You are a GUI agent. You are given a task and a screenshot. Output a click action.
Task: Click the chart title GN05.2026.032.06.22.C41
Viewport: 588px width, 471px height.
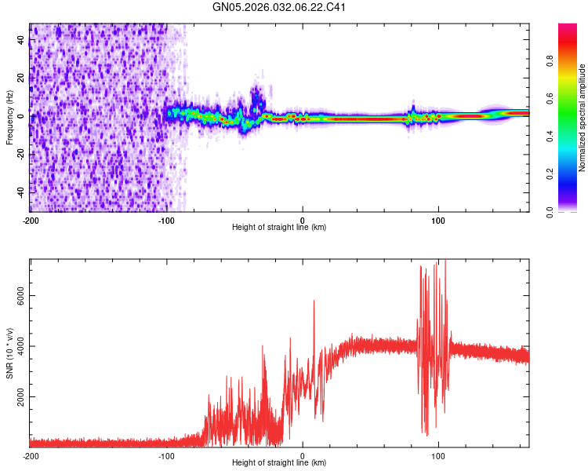pyautogui.click(x=280, y=8)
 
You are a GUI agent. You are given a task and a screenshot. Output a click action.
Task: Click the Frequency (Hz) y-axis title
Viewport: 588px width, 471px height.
pyautogui.click(x=9, y=118)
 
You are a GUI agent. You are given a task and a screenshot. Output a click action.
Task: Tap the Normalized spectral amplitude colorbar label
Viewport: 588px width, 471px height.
pyautogui.click(x=582, y=118)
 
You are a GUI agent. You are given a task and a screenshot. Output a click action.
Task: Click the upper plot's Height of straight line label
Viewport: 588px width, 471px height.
pyautogui.click(x=279, y=227)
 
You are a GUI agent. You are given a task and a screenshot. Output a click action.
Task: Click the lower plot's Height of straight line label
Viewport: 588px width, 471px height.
pyautogui.click(x=279, y=462)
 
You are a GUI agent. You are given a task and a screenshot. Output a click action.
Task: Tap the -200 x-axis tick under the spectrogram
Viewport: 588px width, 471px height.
pyautogui.click(x=30, y=219)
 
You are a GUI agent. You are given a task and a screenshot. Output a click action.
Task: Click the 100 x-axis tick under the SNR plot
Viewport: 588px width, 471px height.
pyautogui.click(x=439, y=455)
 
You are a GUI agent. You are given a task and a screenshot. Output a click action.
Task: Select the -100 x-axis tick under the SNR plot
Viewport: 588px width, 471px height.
pyautogui.click(x=166, y=455)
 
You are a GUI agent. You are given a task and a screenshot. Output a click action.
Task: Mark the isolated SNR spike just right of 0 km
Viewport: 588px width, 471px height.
pyautogui.click(x=314, y=301)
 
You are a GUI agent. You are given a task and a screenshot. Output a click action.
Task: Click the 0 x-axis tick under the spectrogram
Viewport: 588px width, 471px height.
pyautogui.click(x=303, y=219)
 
